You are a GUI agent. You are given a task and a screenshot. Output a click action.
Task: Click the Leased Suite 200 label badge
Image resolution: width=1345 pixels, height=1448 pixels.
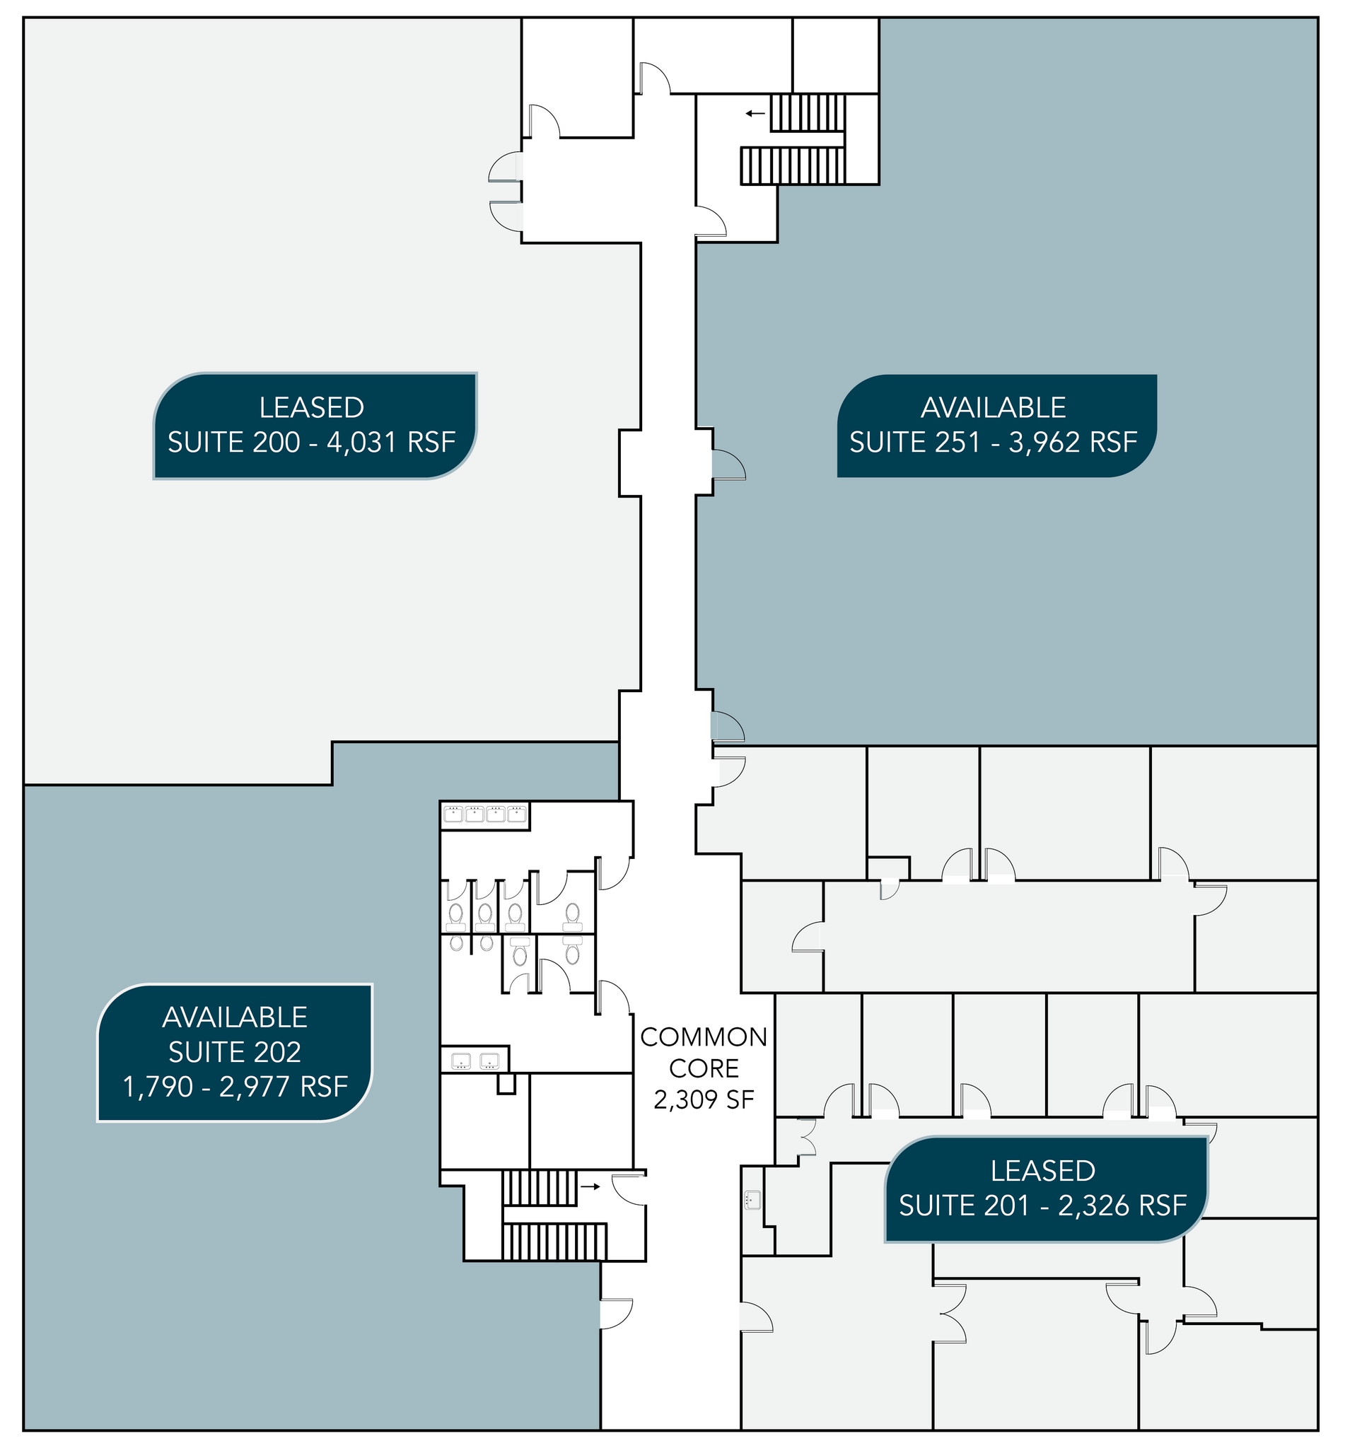[315, 426]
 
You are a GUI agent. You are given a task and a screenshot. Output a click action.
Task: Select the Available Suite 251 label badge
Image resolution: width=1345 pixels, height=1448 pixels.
[996, 426]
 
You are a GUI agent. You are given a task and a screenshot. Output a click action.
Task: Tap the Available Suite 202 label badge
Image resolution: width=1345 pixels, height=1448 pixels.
[235, 1052]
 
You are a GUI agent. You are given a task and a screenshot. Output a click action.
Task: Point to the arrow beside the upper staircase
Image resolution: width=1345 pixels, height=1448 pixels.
[755, 114]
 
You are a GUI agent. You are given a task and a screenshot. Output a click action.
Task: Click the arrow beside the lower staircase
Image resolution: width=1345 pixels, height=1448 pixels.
[590, 1187]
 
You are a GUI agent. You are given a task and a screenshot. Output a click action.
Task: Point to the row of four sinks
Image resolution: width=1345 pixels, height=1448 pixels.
[485, 814]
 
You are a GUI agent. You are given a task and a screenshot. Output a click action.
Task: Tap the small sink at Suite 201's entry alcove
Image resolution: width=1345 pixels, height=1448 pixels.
[752, 1199]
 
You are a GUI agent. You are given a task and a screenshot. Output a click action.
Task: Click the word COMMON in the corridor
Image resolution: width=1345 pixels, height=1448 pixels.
[704, 1037]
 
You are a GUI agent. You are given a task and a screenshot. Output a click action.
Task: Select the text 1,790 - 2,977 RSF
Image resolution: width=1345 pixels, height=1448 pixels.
[235, 1087]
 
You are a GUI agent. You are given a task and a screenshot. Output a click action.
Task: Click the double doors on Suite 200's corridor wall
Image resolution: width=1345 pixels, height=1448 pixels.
[506, 191]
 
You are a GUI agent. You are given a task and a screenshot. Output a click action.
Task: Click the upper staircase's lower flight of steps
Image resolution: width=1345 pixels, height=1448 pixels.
[793, 166]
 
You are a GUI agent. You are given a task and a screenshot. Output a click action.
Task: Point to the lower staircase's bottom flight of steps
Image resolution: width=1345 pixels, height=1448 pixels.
[554, 1242]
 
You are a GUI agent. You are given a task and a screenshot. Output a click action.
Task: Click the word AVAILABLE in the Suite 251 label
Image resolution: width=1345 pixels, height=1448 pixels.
[994, 407]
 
